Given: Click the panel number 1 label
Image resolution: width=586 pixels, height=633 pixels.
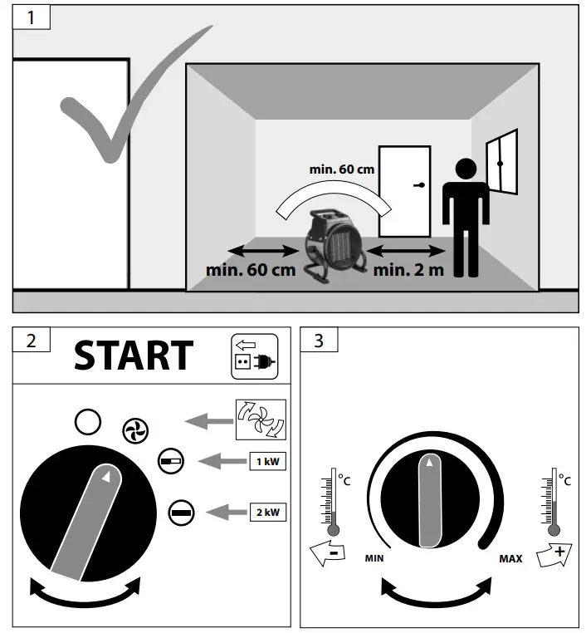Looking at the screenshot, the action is pos(31,17).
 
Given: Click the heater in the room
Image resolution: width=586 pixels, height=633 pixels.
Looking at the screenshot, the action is pos(335,245).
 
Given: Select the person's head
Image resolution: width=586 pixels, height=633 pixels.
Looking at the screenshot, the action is pos(466,169).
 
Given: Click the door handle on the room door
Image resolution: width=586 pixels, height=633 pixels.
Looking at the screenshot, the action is pos(419,185).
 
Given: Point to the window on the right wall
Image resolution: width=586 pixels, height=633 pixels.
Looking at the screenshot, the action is pos(501,162).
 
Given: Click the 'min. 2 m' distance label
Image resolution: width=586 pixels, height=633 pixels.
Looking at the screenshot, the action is pos(408,270).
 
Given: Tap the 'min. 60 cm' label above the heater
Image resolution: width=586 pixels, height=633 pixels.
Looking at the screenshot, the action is pos(342,169).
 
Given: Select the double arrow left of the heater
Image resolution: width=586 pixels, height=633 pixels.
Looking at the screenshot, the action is pos(263,251).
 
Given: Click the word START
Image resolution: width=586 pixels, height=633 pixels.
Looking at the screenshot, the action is pos(134,356).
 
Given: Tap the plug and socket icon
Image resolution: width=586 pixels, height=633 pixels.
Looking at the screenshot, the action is pos(255,356).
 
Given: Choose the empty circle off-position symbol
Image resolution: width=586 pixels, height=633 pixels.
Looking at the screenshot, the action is pos(88,422).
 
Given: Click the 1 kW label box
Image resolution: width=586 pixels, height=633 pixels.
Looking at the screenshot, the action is pos(268,461).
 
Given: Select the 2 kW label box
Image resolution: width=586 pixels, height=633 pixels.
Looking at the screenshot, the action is pos(268,513).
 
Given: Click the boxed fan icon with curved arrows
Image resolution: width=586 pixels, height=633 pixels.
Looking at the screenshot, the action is pos(261,420).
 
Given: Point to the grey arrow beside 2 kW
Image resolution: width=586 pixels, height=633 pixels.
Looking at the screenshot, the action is pos(227,513).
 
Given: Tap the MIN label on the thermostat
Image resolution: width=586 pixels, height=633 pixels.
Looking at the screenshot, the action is pos(374,558).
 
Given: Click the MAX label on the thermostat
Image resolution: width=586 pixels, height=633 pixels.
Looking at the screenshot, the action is pos(510,559).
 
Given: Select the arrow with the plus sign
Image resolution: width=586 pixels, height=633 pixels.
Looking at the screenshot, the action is pos(554,555).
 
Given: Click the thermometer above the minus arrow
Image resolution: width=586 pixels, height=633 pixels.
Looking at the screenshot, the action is pos(333,502).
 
